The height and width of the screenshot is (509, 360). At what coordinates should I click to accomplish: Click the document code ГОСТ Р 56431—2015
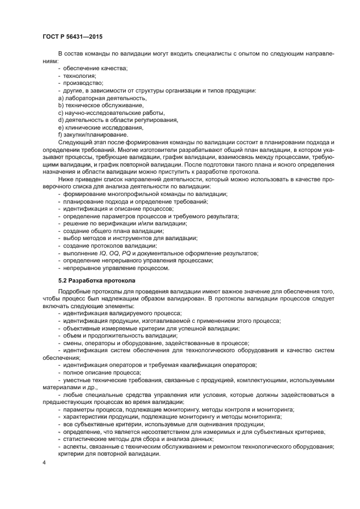pyautogui.click(x=72, y=37)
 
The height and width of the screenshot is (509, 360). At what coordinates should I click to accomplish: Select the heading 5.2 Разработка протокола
pyautogui.click(x=97, y=281)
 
